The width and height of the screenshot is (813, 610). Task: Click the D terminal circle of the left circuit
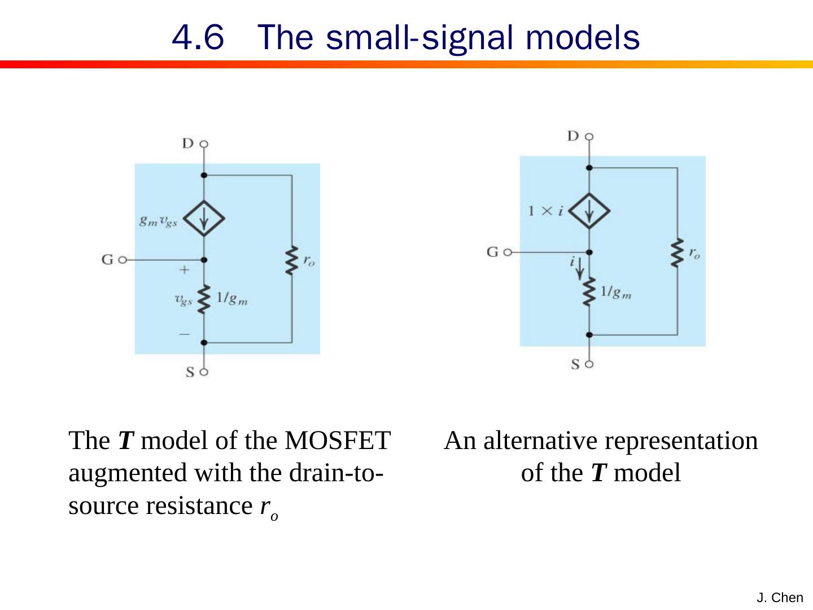pos(204,144)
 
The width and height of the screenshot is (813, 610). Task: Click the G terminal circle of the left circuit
pos(123,260)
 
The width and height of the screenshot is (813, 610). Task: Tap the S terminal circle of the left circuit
pos(204,372)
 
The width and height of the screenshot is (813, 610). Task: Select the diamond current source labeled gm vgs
pos(204,219)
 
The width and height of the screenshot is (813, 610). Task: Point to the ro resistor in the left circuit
pos(291,260)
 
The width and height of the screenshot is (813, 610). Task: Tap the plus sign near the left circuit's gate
pos(184,270)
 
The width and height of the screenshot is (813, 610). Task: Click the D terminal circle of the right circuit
pos(589,137)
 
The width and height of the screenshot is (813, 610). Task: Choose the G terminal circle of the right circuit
pos(507,252)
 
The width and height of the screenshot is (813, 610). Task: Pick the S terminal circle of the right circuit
pos(589,364)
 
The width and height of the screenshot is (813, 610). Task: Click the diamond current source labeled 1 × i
pos(589,211)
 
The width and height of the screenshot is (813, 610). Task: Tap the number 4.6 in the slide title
pos(198,37)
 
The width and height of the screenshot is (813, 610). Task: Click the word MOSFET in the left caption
pos(338,441)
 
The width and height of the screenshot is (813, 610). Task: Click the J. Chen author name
pos(780,598)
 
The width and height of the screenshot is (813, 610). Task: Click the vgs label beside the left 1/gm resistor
pos(183,299)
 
